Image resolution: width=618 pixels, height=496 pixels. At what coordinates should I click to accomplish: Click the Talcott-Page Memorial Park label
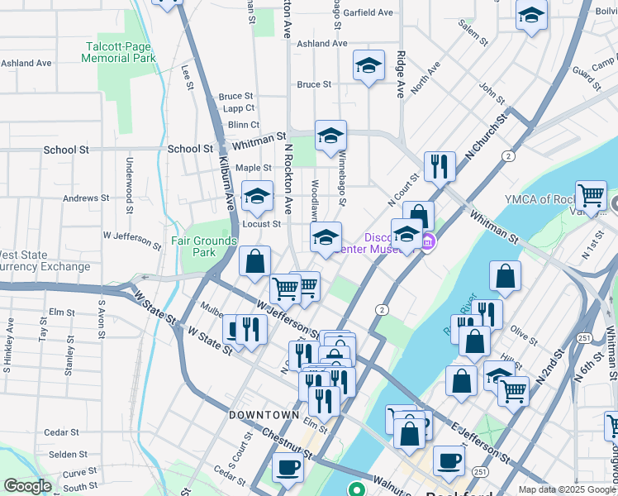[119, 52]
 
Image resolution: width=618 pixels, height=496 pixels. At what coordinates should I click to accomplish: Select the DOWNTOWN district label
[264, 414]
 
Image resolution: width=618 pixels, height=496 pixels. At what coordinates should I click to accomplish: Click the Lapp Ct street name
[237, 108]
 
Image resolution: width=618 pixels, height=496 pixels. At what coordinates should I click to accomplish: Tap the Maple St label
[254, 168]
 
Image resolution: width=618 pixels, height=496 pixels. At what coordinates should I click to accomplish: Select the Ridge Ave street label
[400, 74]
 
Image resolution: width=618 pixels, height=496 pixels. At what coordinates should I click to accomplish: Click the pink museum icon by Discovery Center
[428, 242]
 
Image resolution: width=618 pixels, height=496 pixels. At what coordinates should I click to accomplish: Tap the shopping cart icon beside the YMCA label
[591, 196]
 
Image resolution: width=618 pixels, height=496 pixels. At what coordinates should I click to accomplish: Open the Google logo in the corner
[27, 486]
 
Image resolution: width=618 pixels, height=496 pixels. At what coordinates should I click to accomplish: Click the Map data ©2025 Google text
[567, 489]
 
